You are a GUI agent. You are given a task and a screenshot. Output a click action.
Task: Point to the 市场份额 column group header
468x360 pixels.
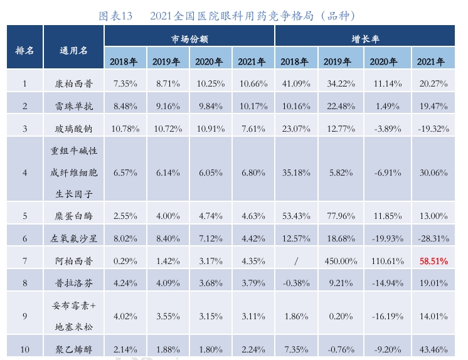(x=189, y=39)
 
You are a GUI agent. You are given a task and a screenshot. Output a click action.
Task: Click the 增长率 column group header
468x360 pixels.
(x=364, y=39)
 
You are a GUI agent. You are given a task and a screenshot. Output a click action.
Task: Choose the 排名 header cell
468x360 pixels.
(x=24, y=50)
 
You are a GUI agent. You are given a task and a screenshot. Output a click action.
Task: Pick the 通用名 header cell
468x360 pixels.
(x=74, y=50)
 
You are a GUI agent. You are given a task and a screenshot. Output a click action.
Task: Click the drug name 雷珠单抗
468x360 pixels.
(x=74, y=106)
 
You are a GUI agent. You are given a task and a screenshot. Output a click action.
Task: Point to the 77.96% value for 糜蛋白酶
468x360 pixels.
(x=338, y=215)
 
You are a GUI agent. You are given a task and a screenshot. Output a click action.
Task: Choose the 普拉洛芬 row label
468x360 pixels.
(x=74, y=282)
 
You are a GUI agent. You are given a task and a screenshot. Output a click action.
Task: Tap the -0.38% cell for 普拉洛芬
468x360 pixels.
(x=295, y=282)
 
